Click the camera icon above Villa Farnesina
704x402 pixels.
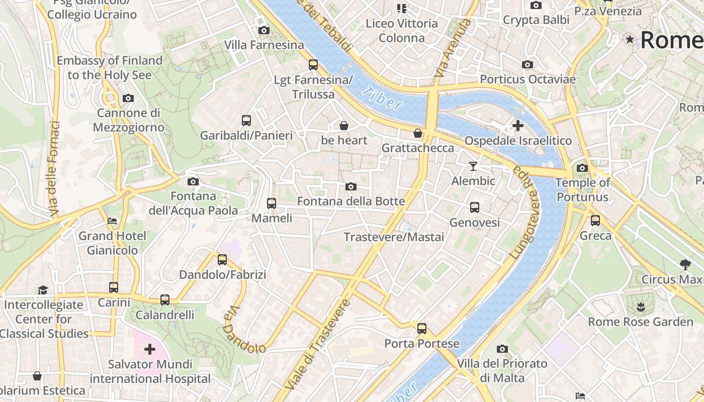[x=263, y=31]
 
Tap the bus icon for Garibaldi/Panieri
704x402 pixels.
[x=246, y=121]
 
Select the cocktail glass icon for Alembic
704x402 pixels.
[x=473, y=166]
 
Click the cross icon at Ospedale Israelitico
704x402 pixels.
[x=517, y=126]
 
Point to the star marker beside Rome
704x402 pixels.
[x=630, y=39]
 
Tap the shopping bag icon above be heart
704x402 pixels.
[x=344, y=125]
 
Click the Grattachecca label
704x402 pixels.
[x=417, y=148]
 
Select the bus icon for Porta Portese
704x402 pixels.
[x=421, y=329]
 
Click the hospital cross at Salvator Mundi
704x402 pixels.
[x=149, y=349]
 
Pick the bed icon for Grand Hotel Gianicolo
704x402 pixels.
[x=112, y=221]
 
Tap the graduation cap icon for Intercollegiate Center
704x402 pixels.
[x=43, y=290]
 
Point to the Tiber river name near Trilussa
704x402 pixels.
[x=382, y=98]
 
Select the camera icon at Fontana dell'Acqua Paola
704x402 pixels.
[x=193, y=181]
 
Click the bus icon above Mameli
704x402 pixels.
[x=272, y=204]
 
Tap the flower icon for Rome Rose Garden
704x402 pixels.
[x=640, y=307]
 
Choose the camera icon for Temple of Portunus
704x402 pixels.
[x=582, y=168]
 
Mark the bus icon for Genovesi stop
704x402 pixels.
[x=474, y=208]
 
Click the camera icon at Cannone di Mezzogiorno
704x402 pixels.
[x=128, y=98]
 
